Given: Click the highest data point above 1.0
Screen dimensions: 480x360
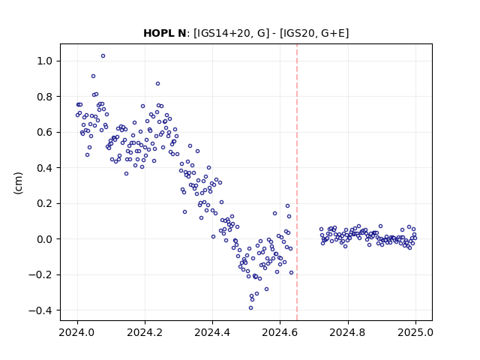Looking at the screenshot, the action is [x=103, y=56].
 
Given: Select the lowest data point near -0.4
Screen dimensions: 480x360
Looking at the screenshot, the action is [x=250, y=308].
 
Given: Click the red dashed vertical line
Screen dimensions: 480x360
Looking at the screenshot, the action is [x=297, y=182].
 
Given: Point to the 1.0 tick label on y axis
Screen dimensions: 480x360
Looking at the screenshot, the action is [x=45, y=61].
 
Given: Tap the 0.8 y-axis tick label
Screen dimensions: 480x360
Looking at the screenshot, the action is [x=45, y=97].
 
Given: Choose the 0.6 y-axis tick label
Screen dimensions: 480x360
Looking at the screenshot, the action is [x=45, y=132].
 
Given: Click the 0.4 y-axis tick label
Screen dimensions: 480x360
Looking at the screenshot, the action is [x=45, y=168].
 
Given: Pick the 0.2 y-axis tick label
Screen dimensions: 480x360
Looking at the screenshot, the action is [x=45, y=203].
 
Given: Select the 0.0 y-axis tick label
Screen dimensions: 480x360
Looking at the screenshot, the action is [x=45, y=239].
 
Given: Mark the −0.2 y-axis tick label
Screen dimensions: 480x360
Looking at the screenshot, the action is [x=40, y=275].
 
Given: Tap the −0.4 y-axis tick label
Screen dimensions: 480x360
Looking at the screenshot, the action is [x=40, y=310].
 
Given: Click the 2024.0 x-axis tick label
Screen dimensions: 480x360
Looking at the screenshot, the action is [x=77, y=332].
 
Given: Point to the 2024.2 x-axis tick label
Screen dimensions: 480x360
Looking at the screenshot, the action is [x=145, y=332].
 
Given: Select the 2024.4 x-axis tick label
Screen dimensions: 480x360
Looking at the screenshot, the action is [x=212, y=332].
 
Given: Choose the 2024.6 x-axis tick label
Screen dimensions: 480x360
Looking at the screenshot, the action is [x=280, y=332].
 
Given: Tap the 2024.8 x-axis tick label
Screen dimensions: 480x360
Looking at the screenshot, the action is [x=348, y=332].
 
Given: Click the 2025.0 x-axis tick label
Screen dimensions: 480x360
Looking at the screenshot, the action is [x=415, y=332].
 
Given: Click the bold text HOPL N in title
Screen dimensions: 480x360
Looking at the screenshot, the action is [x=165, y=33].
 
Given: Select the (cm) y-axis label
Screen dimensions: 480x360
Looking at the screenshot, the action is [x=18, y=183].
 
